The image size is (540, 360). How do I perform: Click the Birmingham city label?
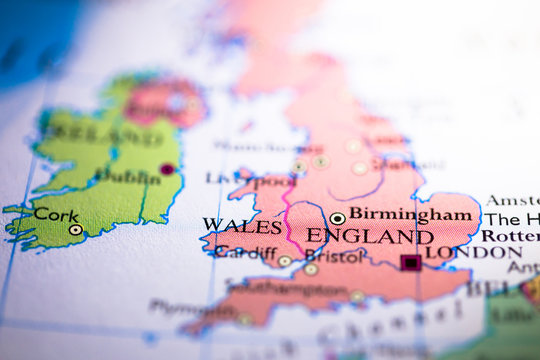point(409,214)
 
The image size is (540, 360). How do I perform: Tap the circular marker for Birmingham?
point(337,218)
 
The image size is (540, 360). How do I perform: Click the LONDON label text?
point(474,252)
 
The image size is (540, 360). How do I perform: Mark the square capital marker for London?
point(410,262)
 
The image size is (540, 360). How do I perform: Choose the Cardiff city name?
point(245,252)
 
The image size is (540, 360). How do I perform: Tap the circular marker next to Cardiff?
point(285,261)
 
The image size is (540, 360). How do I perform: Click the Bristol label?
point(335,256)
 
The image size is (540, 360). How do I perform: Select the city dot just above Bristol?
point(311,269)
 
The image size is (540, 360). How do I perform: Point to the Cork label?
point(56,213)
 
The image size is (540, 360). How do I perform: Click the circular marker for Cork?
point(75,229)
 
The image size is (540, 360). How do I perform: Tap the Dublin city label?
point(127,177)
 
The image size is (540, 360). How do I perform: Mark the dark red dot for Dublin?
point(167,169)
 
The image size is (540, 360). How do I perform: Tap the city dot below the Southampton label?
point(357,296)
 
